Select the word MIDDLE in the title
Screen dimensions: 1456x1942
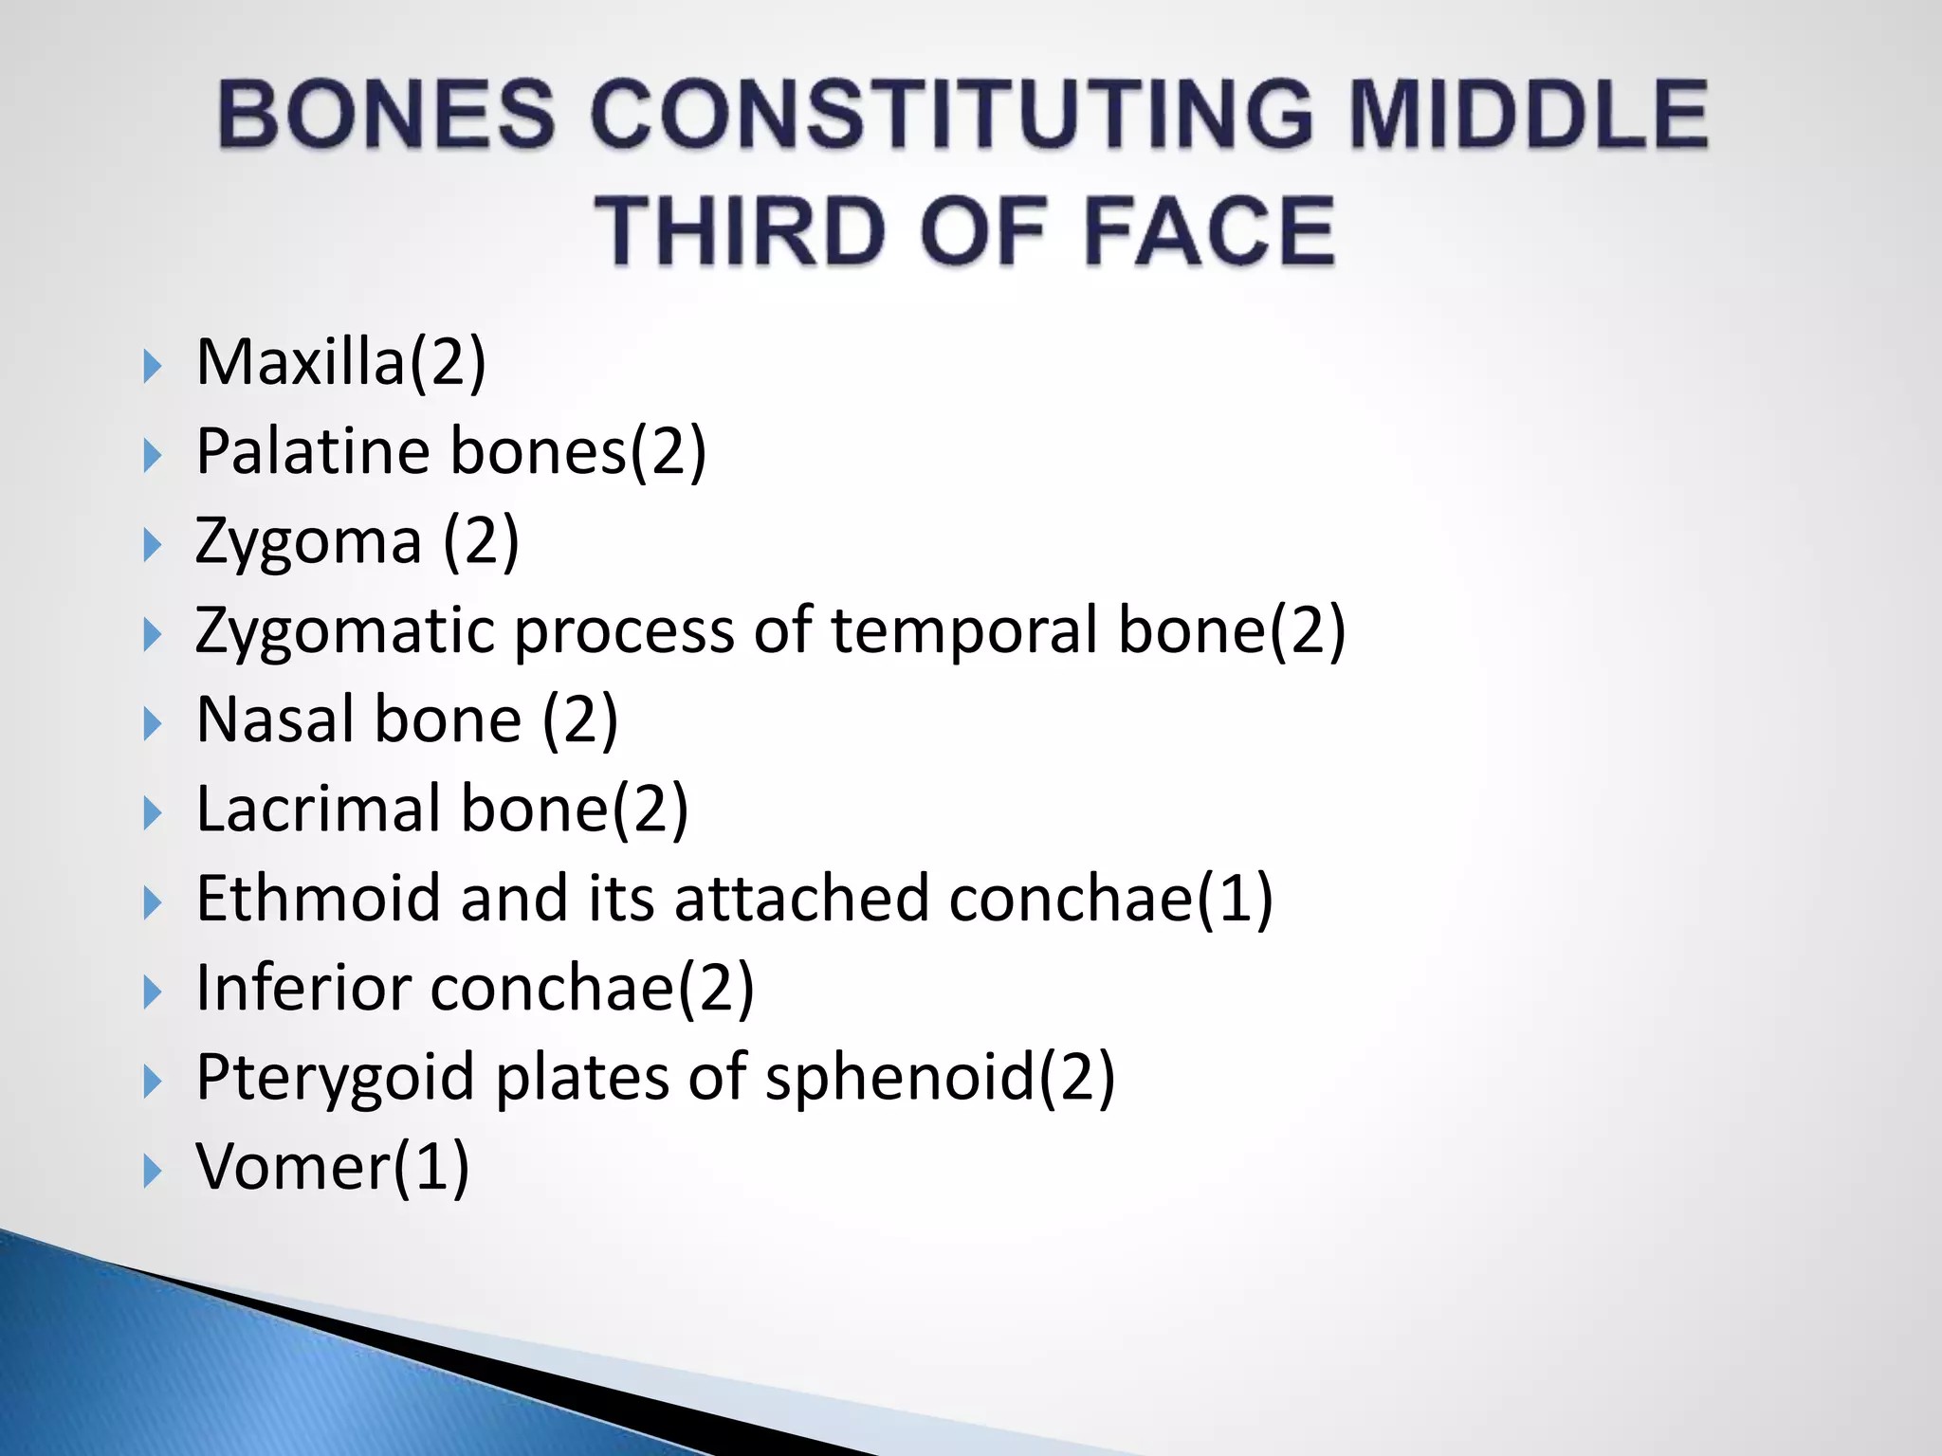[x=1528, y=115]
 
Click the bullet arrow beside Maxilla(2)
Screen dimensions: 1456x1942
[x=152, y=366]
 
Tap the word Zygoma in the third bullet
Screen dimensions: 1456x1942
[x=308, y=542]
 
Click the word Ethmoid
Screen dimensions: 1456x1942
[x=318, y=898]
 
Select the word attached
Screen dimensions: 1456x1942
[x=801, y=898]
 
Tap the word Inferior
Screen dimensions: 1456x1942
[x=303, y=988]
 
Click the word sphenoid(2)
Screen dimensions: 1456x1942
[x=940, y=1079]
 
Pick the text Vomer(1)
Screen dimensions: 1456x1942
[x=333, y=1167]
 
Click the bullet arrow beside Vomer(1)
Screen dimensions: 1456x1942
[x=152, y=1172]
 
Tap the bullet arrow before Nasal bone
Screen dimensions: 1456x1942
[x=152, y=724]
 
